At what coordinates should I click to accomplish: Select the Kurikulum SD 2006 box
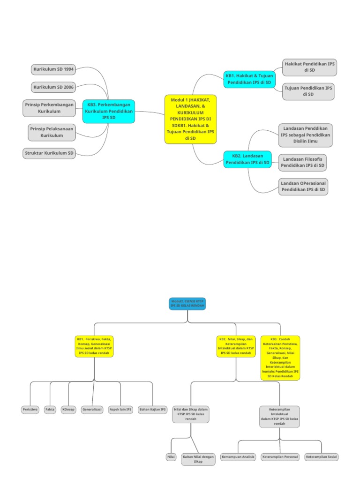point(53,87)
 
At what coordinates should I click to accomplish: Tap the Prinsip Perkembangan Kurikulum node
point(50,108)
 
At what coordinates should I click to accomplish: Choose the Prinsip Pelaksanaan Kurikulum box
point(52,132)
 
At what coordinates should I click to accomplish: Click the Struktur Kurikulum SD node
point(49,153)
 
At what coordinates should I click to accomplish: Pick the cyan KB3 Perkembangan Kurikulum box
point(109,112)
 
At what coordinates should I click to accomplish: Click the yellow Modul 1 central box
point(190,119)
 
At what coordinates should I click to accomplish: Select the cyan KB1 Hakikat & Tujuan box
point(249,79)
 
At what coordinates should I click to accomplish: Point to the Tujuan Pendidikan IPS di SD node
point(308,91)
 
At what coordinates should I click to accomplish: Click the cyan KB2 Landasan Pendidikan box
point(248,159)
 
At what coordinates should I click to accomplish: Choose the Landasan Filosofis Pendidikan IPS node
point(303,162)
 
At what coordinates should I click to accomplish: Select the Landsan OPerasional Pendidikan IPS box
point(303,187)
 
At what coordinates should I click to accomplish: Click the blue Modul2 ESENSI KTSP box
point(187,303)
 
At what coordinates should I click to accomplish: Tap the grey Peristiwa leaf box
point(30,410)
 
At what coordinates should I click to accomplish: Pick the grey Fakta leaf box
point(50,410)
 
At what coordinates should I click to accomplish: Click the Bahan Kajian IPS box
point(153,410)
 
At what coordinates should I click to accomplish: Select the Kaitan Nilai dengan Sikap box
point(198,459)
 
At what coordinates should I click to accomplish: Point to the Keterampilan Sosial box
point(322,457)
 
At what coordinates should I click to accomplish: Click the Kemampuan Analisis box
point(238,457)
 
